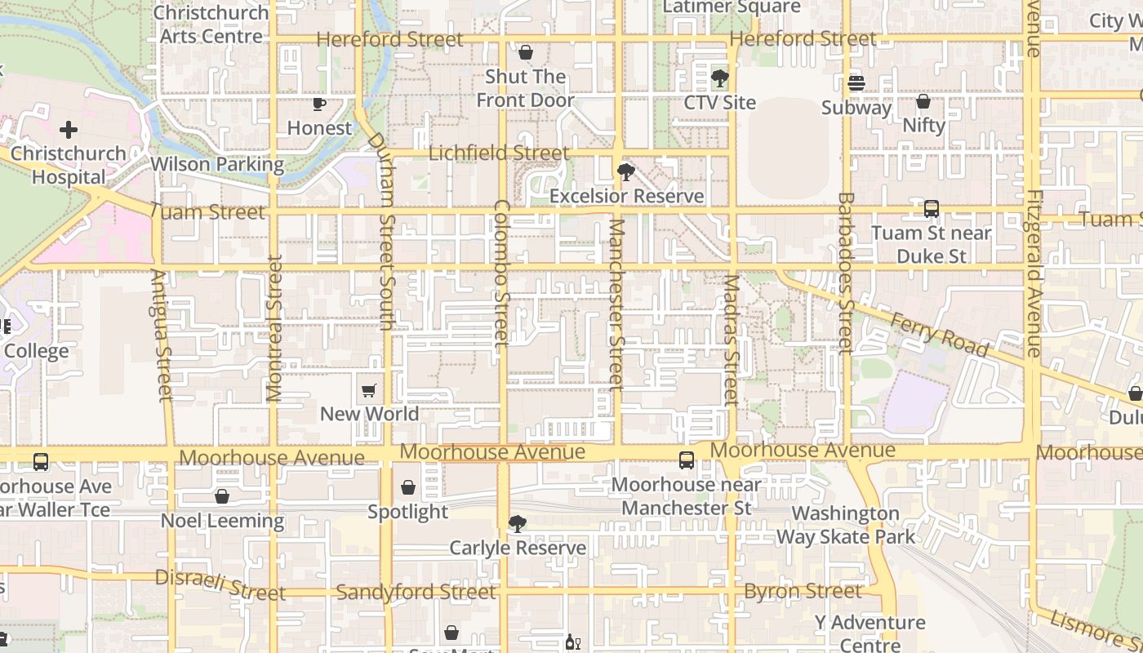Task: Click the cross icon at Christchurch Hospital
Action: [x=69, y=130]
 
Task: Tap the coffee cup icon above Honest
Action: [x=319, y=104]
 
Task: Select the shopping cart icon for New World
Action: [x=369, y=390]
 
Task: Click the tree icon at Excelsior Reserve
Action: [x=626, y=172]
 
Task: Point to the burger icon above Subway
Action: [x=856, y=83]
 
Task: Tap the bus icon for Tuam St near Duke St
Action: [x=932, y=209]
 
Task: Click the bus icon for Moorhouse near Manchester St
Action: [x=687, y=460]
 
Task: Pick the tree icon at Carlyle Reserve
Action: [x=517, y=524]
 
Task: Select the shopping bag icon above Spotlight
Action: [x=408, y=488]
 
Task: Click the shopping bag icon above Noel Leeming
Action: [x=222, y=496]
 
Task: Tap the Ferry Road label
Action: [x=939, y=335]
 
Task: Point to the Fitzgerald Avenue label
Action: [x=1034, y=273]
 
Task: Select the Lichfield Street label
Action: [x=499, y=153]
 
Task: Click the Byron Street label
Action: [x=803, y=591]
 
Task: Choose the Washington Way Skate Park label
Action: [x=846, y=525]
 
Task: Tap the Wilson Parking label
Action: [x=217, y=164]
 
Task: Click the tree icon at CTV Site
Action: [x=719, y=78]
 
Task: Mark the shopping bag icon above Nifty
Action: [x=923, y=101]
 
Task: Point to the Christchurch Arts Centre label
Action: [x=211, y=24]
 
